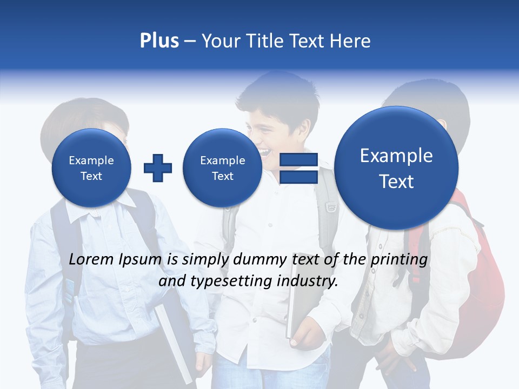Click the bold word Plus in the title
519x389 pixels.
point(159,41)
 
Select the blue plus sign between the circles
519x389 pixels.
point(158,167)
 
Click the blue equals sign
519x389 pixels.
point(298,168)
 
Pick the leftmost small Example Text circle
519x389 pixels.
point(91,168)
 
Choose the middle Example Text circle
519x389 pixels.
point(222,168)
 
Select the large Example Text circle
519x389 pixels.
point(396,168)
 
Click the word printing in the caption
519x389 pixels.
point(398,260)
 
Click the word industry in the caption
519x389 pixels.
point(311,281)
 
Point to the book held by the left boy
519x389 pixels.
point(173,340)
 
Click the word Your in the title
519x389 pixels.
point(221,41)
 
